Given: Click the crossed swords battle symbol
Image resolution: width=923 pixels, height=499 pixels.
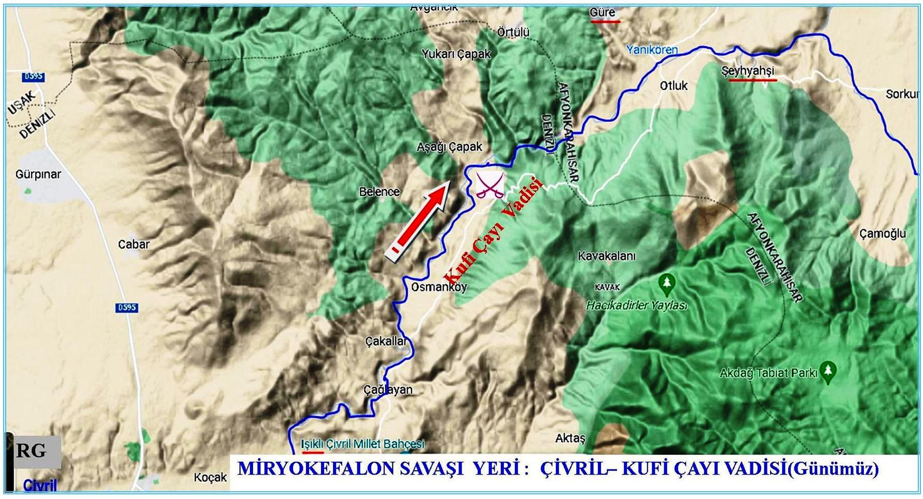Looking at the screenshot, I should [490, 185].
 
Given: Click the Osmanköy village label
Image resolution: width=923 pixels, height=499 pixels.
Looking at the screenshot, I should [439, 287].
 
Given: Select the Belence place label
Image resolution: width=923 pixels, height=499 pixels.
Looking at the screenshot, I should [380, 192].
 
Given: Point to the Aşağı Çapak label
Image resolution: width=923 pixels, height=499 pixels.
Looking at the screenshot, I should [449, 147].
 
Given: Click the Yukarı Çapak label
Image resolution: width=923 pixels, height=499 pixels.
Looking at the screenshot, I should [456, 54].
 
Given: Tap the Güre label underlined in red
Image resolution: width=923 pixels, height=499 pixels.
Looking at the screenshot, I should [603, 12].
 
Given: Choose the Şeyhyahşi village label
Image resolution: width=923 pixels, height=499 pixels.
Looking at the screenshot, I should [747, 71].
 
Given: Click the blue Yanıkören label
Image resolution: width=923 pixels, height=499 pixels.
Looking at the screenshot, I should [652, 50].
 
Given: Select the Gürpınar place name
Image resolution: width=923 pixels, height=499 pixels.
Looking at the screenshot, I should [38, 174].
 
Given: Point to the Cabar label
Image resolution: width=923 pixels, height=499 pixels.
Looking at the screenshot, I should [134, 244].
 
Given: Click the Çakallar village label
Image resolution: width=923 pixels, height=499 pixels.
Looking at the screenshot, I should [386, 341].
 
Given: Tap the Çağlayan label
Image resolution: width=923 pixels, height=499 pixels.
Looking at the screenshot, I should [388, 390].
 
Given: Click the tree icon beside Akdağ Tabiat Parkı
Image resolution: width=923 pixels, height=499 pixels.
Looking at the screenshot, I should [828, 371].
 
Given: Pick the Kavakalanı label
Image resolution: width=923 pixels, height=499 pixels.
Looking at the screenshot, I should [606, 256].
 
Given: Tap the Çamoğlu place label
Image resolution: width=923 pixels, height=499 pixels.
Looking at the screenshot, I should [882, 233].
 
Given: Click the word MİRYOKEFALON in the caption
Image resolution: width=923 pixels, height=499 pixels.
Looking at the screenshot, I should [317, 468].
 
